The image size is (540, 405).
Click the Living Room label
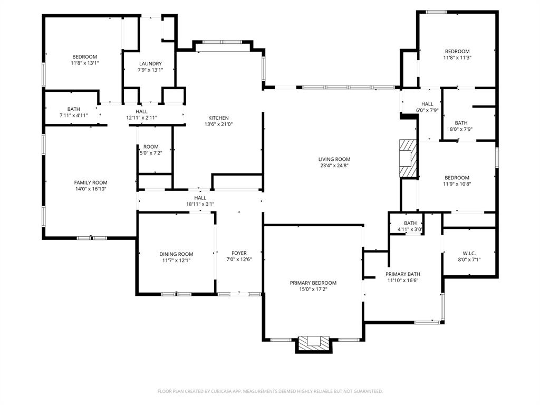coord(334,159)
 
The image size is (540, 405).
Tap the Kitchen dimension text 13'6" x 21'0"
coord(218,124)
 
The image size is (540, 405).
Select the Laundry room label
coord(150,64)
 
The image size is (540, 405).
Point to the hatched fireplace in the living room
coord(408,159)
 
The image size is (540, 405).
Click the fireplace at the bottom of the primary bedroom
coord(314,343)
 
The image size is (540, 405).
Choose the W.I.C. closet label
coord(469,254)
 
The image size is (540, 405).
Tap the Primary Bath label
coord(402,274)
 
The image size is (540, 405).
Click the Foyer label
coord(239,254)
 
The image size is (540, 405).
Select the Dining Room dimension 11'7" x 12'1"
coord(176,260)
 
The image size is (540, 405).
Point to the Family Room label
coord(90,182)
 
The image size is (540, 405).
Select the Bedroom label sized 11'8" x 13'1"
coord(84,57)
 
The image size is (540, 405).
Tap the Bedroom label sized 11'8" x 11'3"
coord(456,52)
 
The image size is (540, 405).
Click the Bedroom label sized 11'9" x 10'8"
coord(456,178)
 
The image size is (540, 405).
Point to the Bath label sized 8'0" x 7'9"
coord(461,123)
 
